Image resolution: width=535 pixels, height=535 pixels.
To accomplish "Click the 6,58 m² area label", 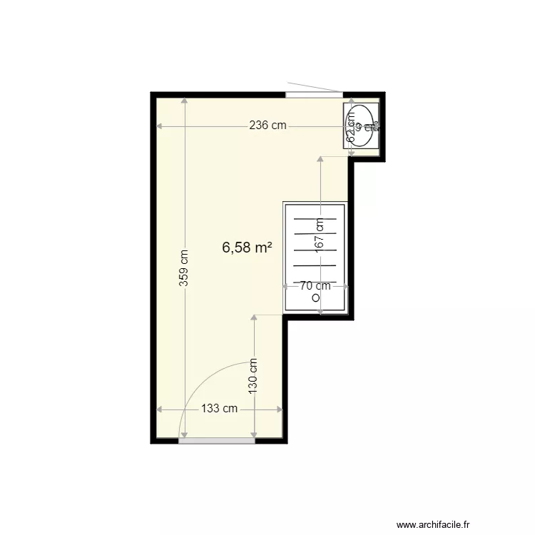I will tap(248, 248).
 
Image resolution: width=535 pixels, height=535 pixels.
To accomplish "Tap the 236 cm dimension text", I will tap(267, 126).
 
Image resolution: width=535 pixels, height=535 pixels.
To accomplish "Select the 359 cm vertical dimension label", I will tap(184, 267).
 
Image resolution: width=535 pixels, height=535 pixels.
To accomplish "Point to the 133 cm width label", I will tap(220, 409).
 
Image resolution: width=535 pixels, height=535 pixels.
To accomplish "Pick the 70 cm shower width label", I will tap(315, 286).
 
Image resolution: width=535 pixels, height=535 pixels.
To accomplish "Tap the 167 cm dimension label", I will tap(320, 233).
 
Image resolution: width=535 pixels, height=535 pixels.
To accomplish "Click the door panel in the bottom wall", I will tap(216, 440).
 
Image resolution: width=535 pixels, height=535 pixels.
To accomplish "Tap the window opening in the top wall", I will tap(314, 94).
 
